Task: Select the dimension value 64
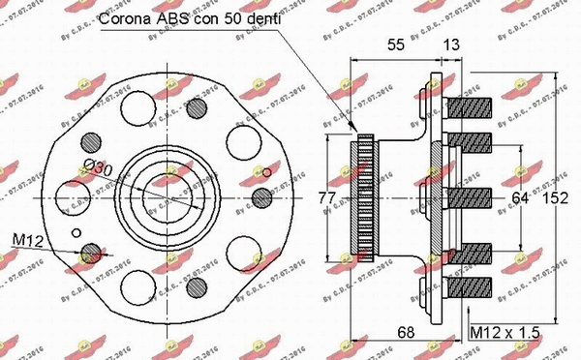(x=520, y=199)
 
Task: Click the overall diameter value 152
(x=555, y=199)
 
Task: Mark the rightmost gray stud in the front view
(x=260, y=197)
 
